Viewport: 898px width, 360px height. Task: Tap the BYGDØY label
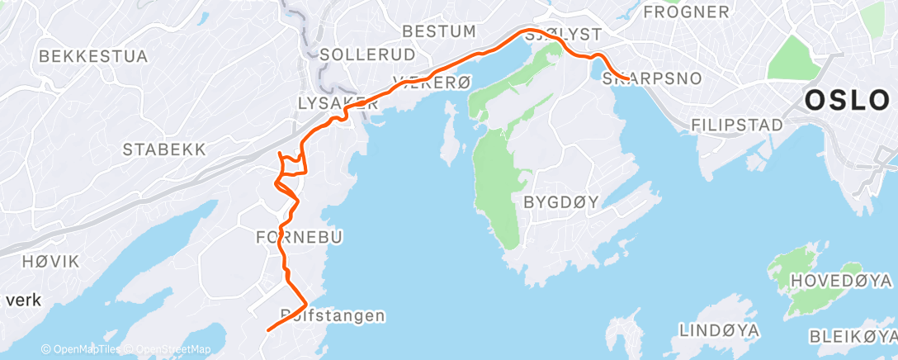point(560,201)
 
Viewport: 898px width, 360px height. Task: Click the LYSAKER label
point(331,102)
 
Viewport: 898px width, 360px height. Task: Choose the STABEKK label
point(164,149)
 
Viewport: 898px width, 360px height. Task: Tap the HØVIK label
point(51,262)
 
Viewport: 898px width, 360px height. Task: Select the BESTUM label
point(439,31)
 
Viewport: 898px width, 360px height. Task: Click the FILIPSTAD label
point(737,125)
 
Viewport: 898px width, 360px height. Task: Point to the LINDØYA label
point(719,330)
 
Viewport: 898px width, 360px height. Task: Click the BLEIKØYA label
point(853,336)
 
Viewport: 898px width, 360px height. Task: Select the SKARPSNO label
point(652,79)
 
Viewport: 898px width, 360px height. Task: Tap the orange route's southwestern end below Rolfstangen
point(267,329)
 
